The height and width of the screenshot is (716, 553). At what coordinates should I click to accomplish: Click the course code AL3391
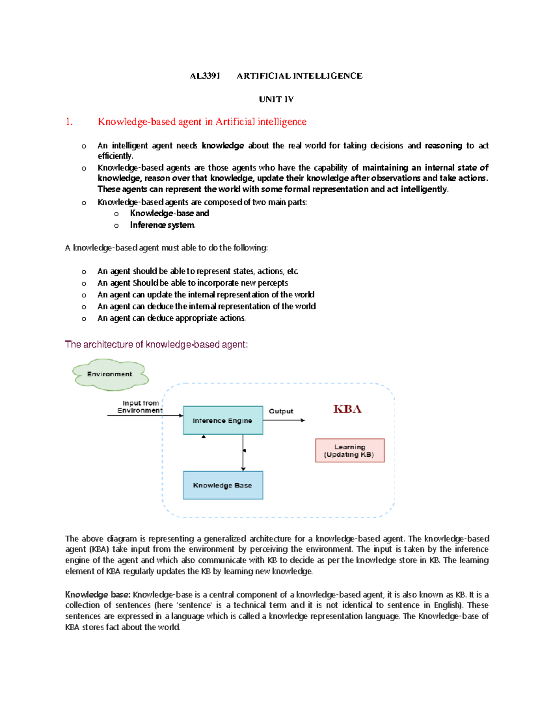[205, 76]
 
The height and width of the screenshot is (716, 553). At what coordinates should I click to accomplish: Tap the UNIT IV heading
[276, 100]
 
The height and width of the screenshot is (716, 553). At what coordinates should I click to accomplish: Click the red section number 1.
[69, 122]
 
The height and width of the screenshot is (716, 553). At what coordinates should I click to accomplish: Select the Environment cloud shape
[110, 374]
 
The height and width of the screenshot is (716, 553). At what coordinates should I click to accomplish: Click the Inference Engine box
[223, 420]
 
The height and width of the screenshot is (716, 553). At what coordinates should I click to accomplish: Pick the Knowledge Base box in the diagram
[223, 485]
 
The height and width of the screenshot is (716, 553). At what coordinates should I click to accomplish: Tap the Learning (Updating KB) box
[349, 450]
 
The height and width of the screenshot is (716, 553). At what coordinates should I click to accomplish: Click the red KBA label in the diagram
[347, 409]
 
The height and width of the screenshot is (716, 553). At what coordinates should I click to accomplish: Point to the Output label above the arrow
[281, 411]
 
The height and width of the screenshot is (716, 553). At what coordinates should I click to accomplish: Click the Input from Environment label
[140, 407]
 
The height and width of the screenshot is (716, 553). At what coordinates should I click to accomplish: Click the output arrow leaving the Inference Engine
[284, 420]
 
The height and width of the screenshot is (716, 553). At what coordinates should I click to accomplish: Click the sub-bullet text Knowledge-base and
[169, 213]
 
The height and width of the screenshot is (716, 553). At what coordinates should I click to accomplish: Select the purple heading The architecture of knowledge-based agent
[156, 344]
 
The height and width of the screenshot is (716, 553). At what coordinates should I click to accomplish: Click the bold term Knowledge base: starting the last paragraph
[98, 595]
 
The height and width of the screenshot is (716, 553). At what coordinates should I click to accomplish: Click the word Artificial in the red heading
[235, 122]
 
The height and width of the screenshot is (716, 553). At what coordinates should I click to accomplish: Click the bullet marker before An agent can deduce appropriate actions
[84, 319]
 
